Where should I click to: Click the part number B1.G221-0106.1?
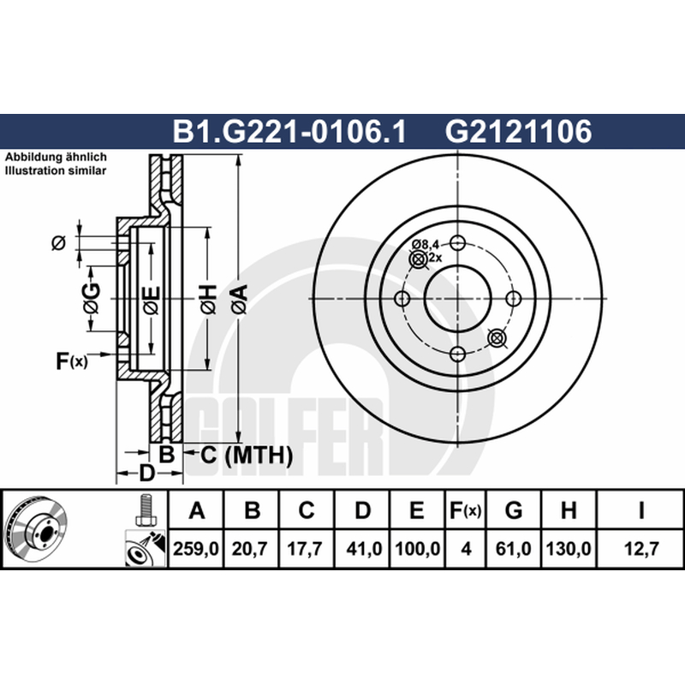[289, 132]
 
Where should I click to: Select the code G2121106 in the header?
[519, 132]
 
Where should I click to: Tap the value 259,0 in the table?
[196, 548]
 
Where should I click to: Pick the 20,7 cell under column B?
[249, 548]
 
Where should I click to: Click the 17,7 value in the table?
[305, 548]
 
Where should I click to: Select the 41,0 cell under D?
[364, 548]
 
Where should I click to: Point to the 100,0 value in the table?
[417, 548]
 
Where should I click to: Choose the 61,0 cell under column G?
[513, 548]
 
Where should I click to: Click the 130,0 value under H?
[569, 548]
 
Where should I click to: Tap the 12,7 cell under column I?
[640, 548]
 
